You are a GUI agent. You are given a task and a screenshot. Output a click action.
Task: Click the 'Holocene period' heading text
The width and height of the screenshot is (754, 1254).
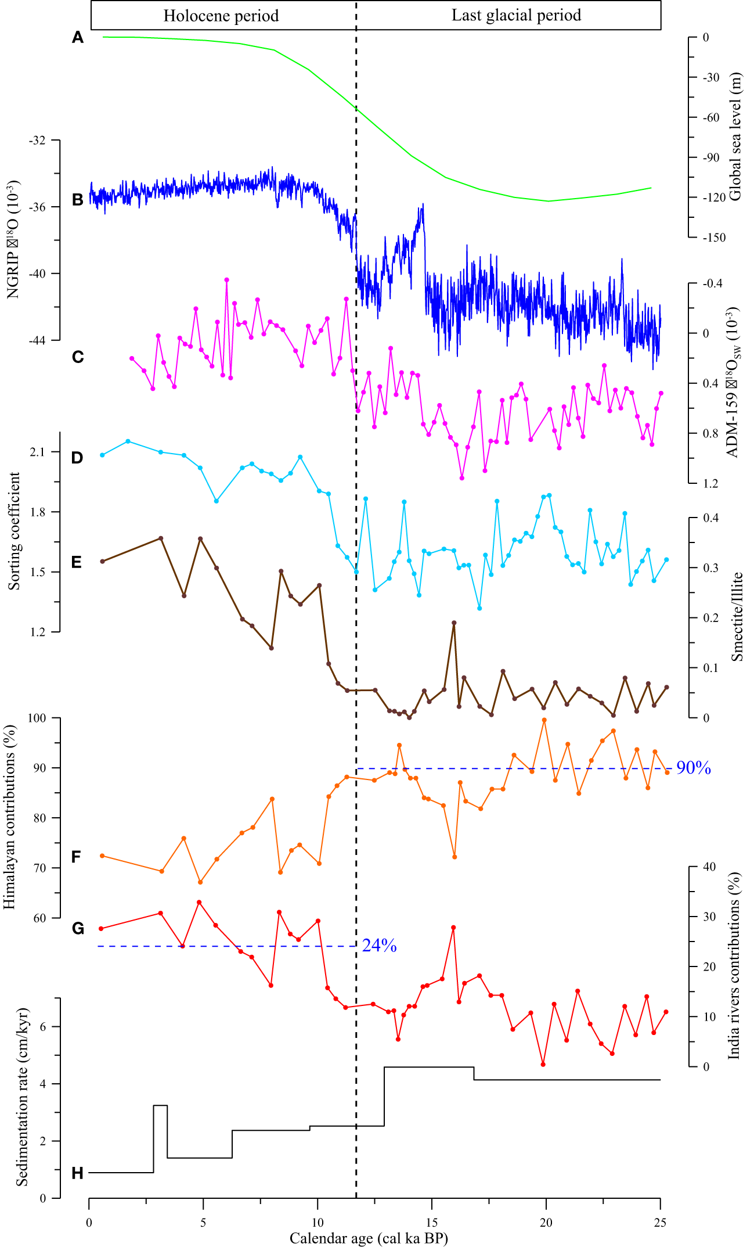coord(221,16)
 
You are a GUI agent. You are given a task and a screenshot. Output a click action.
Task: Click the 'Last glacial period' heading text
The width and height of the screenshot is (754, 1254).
coord(516,15)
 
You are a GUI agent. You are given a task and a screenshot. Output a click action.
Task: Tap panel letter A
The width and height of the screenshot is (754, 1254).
coord(78,38)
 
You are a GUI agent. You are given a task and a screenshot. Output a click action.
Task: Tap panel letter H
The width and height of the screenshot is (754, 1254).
coord(77,1174)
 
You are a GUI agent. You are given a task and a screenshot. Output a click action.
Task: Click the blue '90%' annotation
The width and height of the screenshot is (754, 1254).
coord(694,768)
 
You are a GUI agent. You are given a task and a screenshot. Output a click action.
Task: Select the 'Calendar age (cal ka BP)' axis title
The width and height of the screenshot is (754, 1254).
coord(369,1238)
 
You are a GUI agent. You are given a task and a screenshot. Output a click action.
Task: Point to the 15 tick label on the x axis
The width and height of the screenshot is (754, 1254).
coord(432,1222)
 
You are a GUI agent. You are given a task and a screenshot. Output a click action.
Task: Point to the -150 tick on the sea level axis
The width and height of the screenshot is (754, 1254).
coord(713,238)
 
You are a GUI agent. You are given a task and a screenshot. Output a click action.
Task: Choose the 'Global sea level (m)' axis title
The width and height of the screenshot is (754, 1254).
coord(735,136)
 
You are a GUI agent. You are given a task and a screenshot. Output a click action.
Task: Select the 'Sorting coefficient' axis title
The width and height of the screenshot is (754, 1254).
coord(14,531)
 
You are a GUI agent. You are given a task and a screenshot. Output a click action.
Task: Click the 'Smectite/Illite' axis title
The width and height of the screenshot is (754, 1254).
coord(737,617)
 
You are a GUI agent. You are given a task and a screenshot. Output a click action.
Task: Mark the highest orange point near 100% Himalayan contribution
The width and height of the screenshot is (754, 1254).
coord(544,720)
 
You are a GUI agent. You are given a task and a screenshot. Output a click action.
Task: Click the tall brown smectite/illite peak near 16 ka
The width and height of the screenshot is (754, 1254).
coord(454,623)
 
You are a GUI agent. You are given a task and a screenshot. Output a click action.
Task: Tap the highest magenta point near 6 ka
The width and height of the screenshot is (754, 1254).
coord(226,280)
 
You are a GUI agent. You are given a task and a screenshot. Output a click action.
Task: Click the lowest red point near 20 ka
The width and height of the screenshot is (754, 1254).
coord(543,1065)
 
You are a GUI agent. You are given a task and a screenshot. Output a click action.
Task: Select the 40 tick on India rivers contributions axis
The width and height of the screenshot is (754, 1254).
coord(709,867)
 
